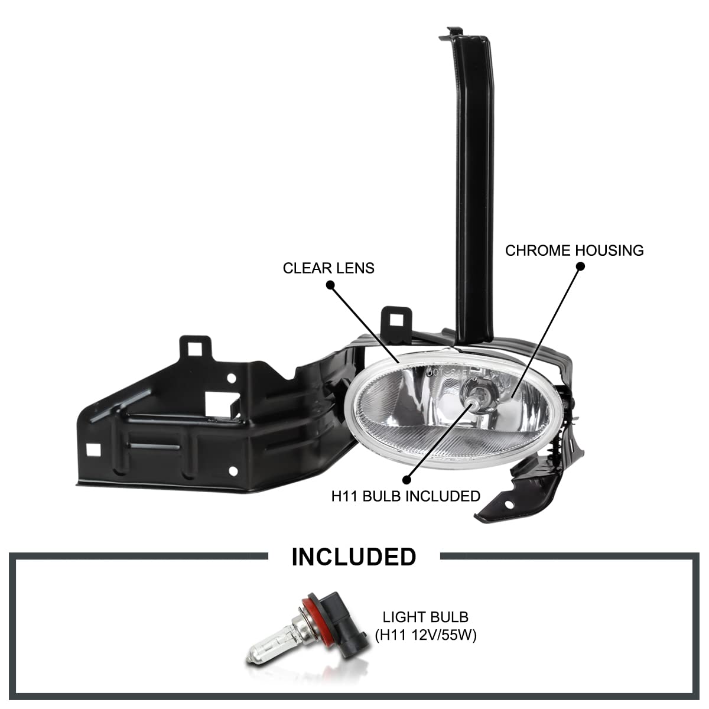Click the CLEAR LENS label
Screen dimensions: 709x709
click(329, 268)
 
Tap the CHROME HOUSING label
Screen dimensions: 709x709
click(574, 251)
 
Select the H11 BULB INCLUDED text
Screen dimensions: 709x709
click(406, 496)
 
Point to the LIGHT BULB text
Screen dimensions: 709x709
click(425, 617)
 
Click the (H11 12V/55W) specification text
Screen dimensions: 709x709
click(425, 635)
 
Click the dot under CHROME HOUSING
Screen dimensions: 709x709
click(580, 266)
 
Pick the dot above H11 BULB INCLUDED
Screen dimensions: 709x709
click(406, 480)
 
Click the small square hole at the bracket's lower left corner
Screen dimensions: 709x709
click(93, 450)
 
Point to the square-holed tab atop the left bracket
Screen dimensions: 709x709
click(196, 347)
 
